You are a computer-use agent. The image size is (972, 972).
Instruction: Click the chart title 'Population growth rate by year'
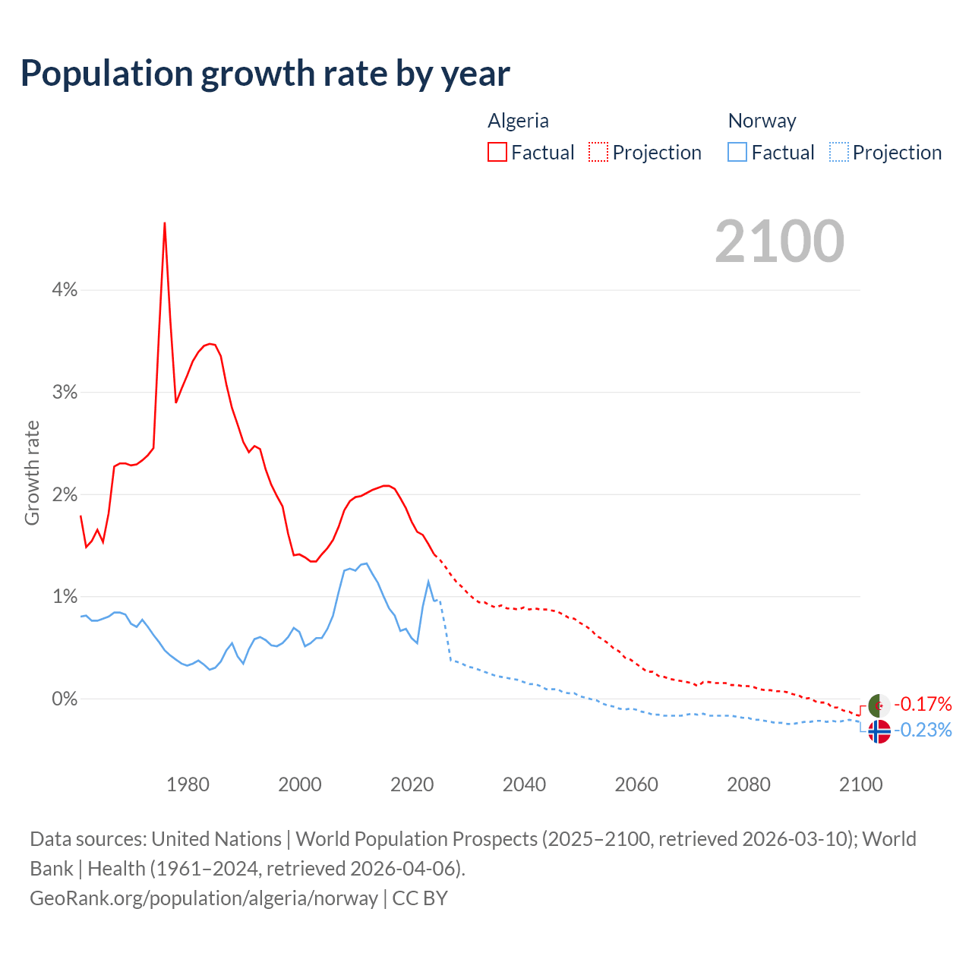(265, 74)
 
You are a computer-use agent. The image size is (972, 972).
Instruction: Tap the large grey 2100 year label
(779, 241)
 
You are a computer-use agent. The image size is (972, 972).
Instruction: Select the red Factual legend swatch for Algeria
(497, 153)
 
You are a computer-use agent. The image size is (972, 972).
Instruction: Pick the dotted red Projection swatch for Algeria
(598, 153)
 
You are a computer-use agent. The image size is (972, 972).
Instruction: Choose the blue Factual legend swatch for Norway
(737, 153)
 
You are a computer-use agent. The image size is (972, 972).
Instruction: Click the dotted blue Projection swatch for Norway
(838, 153)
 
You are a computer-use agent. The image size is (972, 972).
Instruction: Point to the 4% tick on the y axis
(65, 289)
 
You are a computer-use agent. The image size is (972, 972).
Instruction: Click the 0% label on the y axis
(65, 699)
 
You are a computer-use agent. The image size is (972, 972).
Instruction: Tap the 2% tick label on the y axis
(65, 494)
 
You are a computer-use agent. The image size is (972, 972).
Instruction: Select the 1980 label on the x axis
(188, 784)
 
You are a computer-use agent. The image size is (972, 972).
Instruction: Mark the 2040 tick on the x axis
(524, 784)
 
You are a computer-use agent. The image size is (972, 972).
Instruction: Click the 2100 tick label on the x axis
(860, 784)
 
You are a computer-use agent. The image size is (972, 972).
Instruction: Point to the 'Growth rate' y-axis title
(32, 472)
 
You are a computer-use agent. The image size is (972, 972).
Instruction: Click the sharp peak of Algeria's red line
(165, 223)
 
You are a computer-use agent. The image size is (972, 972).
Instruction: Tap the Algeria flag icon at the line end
(879, 705)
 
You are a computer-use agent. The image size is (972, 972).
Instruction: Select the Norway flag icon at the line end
(879, 731)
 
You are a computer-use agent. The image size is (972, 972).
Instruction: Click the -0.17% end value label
(923, 704)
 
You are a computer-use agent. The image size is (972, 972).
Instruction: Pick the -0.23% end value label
(923, 731)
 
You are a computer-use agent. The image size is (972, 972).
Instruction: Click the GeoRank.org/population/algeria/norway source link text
(204, 898)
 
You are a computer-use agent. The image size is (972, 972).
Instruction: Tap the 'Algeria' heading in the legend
(518, 121)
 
